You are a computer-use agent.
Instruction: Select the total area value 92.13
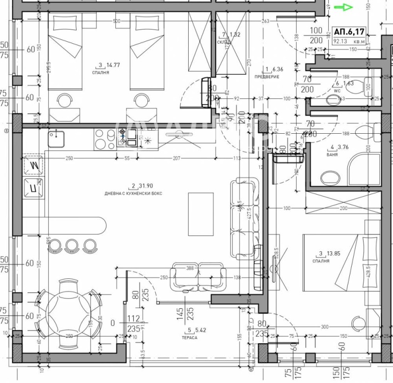click(x=340, y=42)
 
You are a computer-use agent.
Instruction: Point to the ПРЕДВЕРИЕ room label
click(x=270, y=77)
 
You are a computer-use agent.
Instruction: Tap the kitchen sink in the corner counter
click(x=56, y=138)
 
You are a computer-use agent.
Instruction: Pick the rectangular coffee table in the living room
click(x=201, y=214)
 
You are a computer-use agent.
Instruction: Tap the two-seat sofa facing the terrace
click(x=198, y=278)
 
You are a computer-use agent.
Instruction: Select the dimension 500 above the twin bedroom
click(x=116, y=21)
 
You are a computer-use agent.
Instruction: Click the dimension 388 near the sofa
click(x=191, y=268)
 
